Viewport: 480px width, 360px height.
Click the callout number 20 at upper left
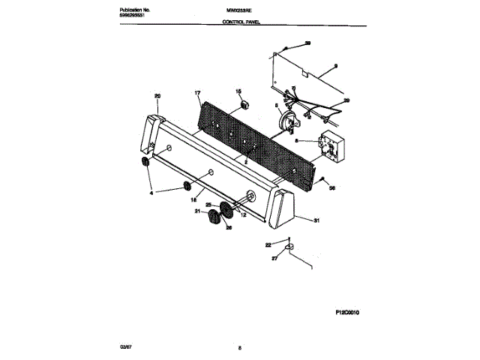[x=157, y=95]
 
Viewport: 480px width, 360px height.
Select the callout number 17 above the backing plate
[x=198, y=94]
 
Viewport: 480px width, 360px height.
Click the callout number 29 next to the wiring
[x=346, y=100]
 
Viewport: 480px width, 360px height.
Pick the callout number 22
[x=268, y=244]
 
